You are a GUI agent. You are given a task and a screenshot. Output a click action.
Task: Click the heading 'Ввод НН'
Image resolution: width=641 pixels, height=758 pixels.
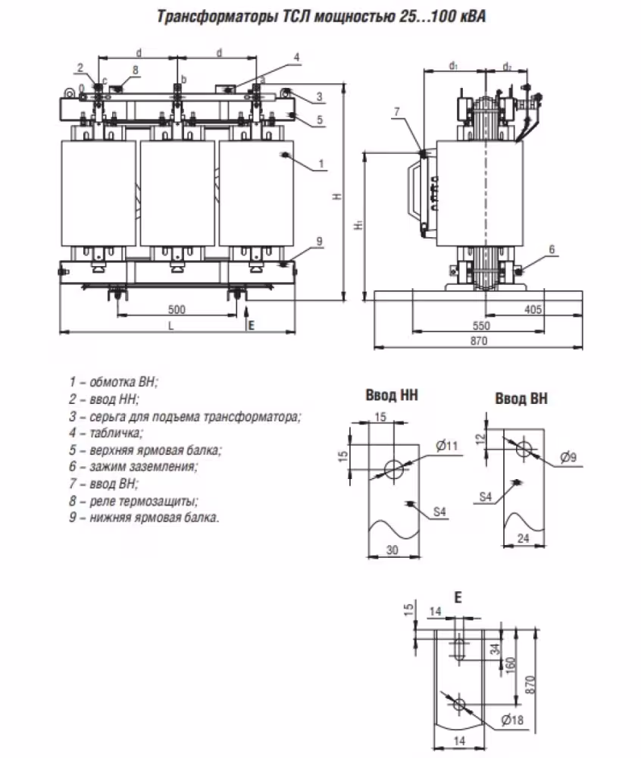pyautogui.click(x=392, y=395)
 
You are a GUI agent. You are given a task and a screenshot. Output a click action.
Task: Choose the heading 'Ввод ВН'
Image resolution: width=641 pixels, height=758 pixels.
pyautogui.click(x=521, y=398)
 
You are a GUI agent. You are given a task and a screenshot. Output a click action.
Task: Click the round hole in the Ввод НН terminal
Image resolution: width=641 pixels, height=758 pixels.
pyautogui.click(x=394, y=468)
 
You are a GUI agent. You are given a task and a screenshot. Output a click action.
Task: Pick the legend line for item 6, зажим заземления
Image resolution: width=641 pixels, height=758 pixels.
pyautogui.click(x=133, y=467)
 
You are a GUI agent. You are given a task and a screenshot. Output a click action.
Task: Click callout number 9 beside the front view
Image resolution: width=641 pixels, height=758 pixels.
pyautogui.click(x=320, y=241)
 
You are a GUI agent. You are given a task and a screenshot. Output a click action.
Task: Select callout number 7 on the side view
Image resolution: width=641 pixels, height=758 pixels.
pyautogui.click(x=395, y=112)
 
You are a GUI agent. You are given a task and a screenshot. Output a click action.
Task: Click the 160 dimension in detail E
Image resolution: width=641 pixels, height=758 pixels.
pyautogui.click(x=511, y=664)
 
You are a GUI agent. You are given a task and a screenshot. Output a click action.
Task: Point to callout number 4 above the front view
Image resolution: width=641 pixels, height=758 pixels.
pyautogui.click(x=297, y=57)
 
